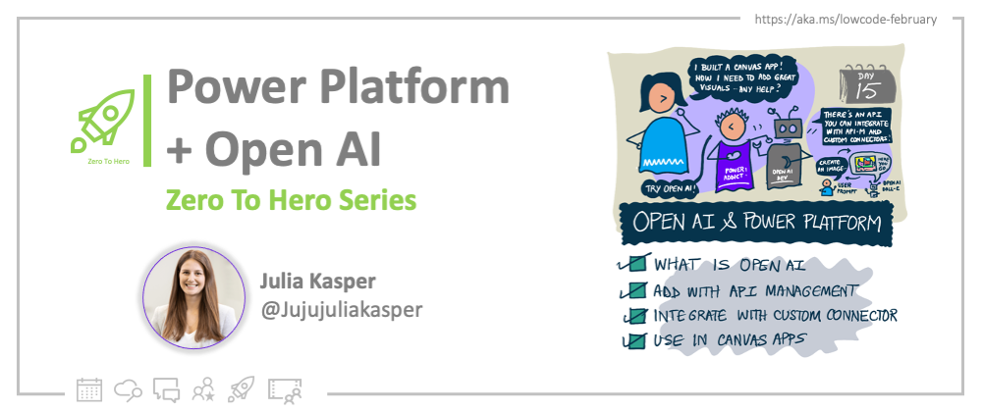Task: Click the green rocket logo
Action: pos(108,124)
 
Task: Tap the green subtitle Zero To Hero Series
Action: pos(291,200)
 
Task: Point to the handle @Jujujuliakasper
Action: pos(341,308)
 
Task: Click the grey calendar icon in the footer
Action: pos(88,388)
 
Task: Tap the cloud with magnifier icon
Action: pos(129,388)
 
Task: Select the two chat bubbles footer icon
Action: pos(166,388)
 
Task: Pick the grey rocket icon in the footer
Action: pos(242,388)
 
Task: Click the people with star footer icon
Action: pos(204,388)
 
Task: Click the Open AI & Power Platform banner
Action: pos(756,223)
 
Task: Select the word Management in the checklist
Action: pos(811,290)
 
